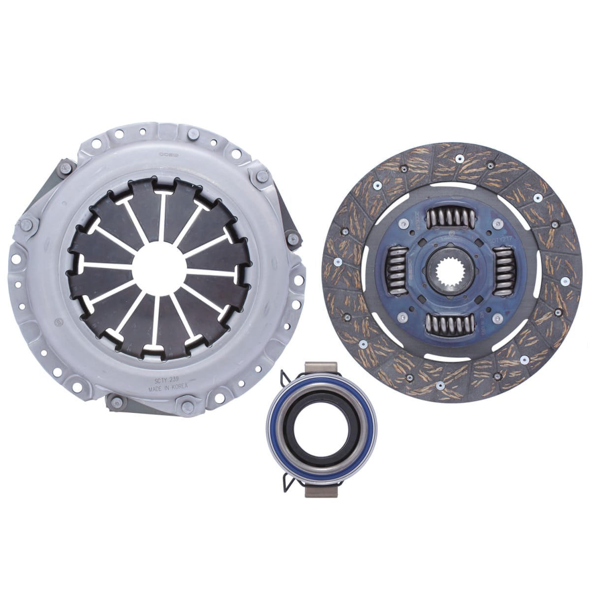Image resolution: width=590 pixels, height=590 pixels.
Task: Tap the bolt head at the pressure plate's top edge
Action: coord(193,133)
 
